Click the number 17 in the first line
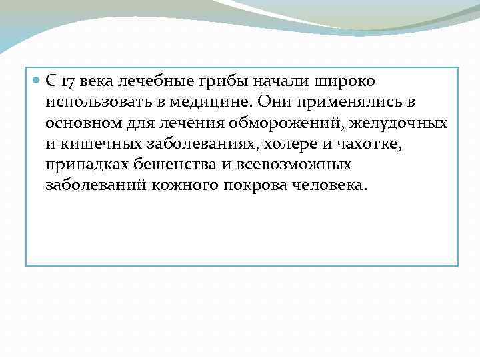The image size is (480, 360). [67, 82]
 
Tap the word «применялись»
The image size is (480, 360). [339, 103]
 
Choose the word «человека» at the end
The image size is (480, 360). [328, 185]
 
